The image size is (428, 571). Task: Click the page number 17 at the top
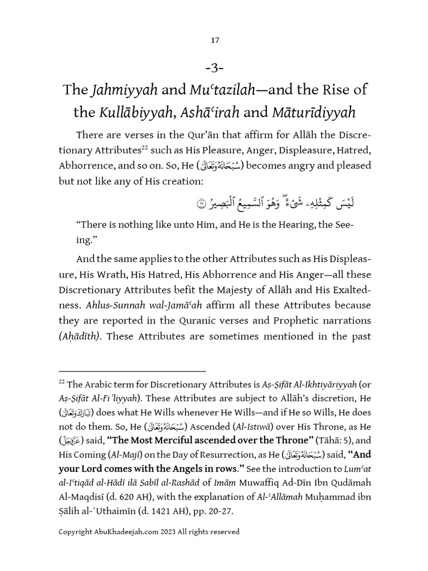pos(215,40)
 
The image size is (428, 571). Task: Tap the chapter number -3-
pos(215,68)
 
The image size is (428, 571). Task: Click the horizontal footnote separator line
pos(132,371)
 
